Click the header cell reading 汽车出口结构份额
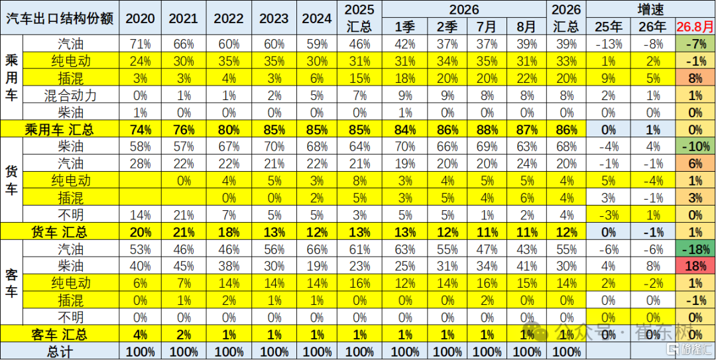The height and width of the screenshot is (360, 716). pos(60,17)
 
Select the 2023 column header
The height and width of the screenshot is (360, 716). pos(274,18)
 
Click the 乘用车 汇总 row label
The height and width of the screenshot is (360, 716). pos(59,130)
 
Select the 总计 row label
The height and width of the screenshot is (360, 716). pos(60,352)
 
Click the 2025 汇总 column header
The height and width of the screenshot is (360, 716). pos(359,17)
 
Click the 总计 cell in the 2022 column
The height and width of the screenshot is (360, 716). pos(229,352)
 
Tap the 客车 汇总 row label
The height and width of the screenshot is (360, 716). pos(59,335)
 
